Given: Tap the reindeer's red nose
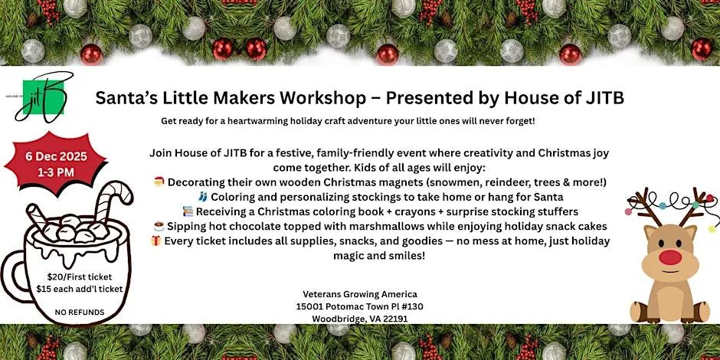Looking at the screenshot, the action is click(x=670, y=257).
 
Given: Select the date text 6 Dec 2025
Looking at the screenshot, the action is click(x=56, y=156).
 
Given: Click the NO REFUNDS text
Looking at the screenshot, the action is click(x=80, y=313).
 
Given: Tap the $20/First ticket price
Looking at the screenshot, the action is click(x=80, y=277).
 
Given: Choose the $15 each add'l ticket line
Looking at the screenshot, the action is click(x=80, y=289).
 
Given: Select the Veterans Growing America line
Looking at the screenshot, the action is click(x=360, y=294).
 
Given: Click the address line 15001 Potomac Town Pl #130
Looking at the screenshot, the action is click(x=360, y=306).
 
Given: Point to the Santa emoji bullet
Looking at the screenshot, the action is click(x=159, y=182).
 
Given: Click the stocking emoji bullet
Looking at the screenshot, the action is click(x=202, y=197).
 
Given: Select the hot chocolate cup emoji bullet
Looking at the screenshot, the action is click(x=159, y=227).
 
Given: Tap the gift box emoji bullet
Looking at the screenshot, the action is click(x=156, y=241).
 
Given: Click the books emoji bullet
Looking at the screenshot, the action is click(x=188, y=211).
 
